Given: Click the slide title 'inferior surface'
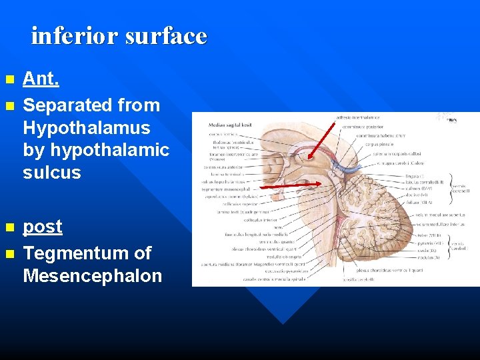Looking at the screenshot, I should click(119, 35).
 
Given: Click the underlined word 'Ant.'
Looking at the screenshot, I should click(41, 79).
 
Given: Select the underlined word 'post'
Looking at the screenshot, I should click(43, 226).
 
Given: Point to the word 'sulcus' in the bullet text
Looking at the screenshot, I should click(52, 173).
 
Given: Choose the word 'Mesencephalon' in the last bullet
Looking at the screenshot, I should click(92, 276).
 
